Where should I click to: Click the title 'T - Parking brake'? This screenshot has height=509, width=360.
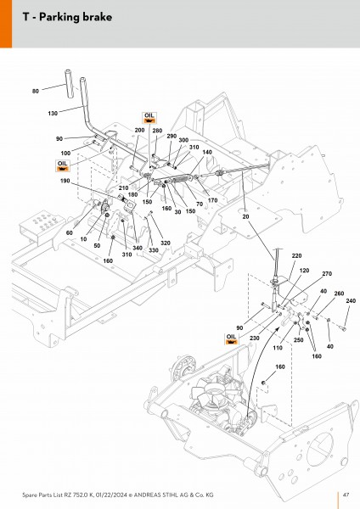pos(67,17)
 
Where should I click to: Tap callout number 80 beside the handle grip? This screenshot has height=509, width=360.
pos(36,92)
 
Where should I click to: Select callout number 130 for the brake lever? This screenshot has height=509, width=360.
pos(53,114)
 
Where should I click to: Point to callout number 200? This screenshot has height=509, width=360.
pos(139,130)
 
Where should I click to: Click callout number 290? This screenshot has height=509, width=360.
pos(172,137)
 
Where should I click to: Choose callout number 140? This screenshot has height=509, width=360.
pos(207,152)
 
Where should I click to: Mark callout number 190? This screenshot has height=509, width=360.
pos(65,181)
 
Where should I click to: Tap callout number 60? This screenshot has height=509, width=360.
pos(70,232)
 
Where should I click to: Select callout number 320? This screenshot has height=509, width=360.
pos(166,243)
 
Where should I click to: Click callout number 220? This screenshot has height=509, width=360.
pos(296,256)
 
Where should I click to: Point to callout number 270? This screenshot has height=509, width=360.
pos(327,274)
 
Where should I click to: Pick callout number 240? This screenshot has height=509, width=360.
pos(351,301)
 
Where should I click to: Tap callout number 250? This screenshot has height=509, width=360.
pos(298,340)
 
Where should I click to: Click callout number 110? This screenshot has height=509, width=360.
pos(278,348)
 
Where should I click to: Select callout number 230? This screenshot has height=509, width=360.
pos(255,338)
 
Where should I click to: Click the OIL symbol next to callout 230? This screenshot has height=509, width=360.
pos(231,338)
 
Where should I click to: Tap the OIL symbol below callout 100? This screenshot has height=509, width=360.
pos(63,165)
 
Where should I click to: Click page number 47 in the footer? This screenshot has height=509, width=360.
pos(346,495)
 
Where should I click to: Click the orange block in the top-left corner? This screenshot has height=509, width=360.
pos(6,24)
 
